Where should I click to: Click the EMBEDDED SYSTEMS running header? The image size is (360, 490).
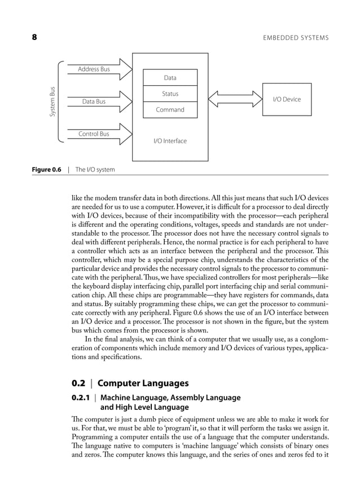[296, 38]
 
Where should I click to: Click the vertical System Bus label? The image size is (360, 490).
[52, 101]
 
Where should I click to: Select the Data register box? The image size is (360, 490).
[170, 77]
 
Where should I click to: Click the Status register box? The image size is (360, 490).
[170, 94]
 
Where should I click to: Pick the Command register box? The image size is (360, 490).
[170, 109]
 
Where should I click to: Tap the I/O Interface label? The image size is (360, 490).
[170, 140]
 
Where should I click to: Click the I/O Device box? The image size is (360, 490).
[287, 99]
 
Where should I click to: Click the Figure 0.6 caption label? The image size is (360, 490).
[46, 169]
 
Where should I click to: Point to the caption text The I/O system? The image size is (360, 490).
[95, 169]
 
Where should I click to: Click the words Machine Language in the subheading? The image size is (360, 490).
[128, 398]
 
